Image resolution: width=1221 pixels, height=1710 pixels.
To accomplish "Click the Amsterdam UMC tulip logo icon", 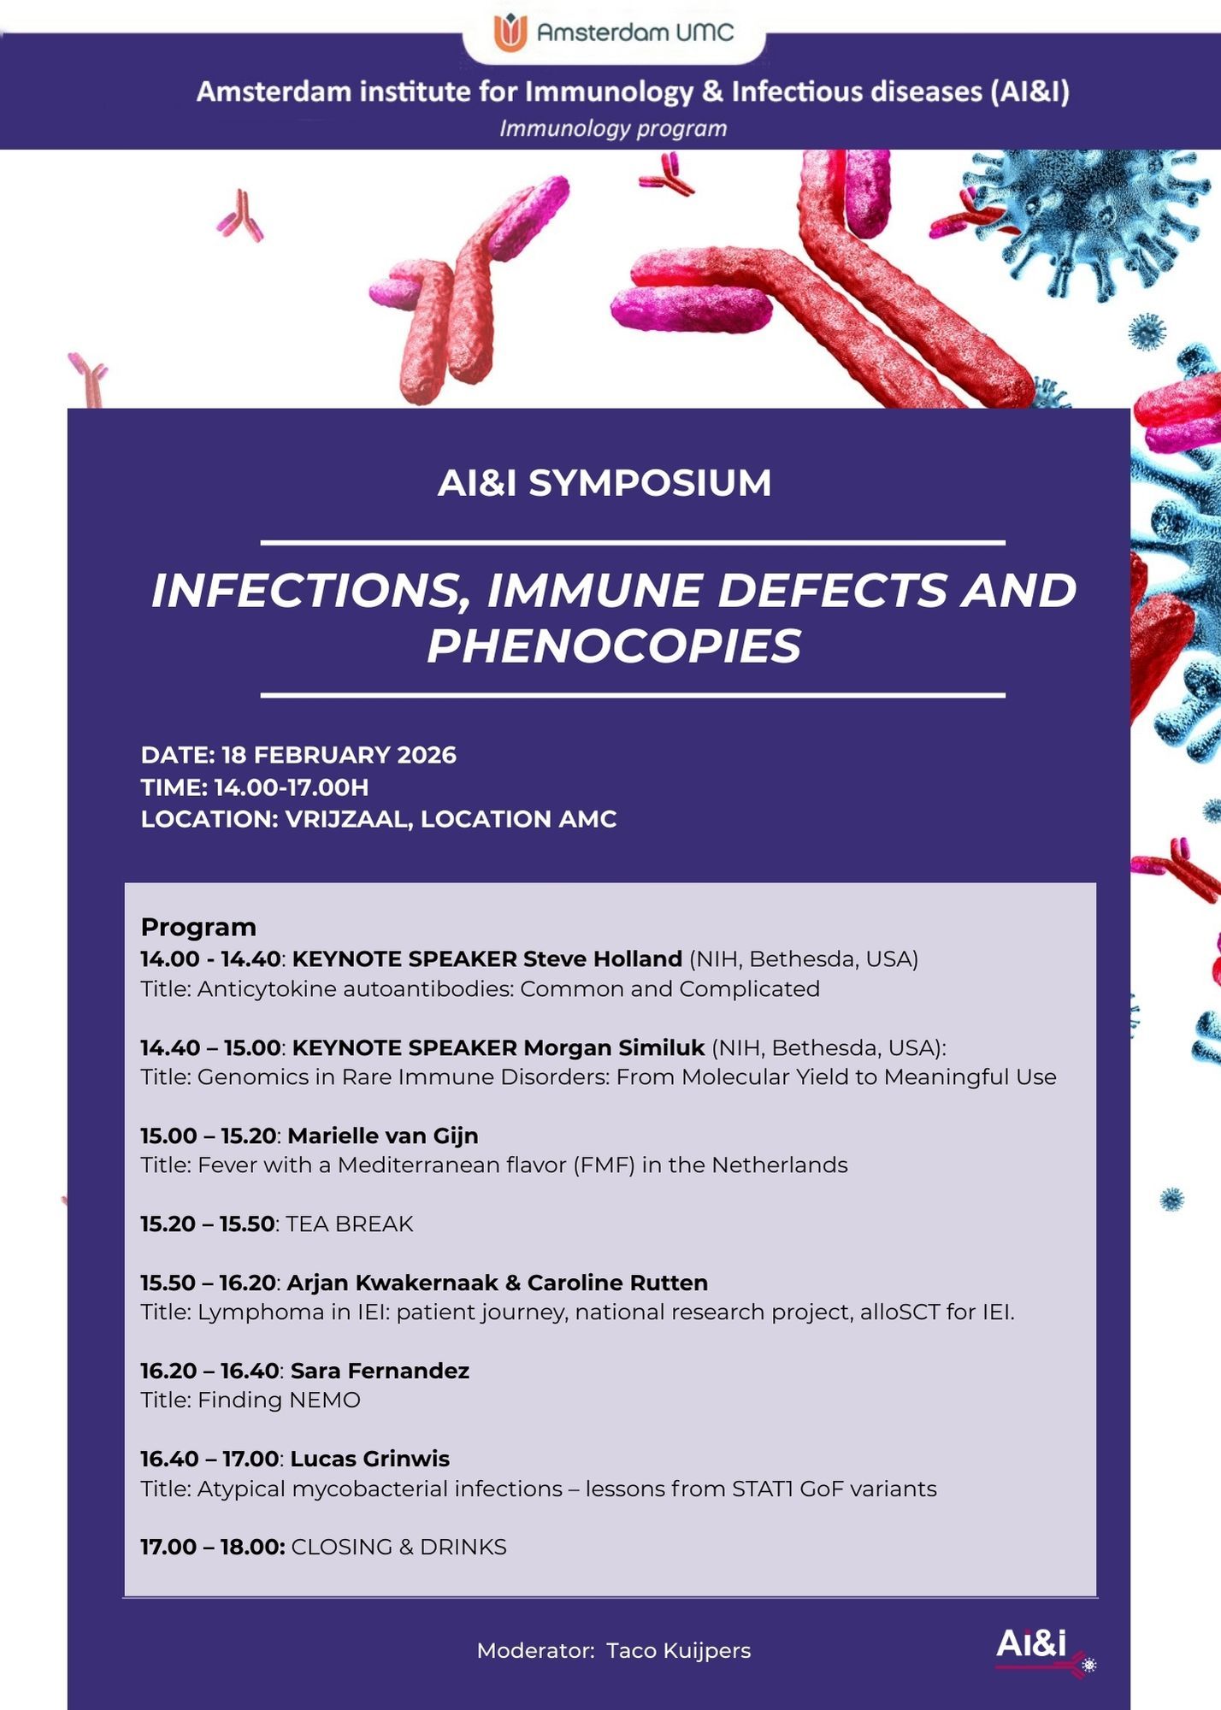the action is (510, 32).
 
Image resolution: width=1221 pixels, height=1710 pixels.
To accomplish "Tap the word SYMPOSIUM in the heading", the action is (650, 483).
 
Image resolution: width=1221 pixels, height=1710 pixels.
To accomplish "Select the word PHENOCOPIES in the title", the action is (614, 646).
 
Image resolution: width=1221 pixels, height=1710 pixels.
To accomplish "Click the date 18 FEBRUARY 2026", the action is (339, 755).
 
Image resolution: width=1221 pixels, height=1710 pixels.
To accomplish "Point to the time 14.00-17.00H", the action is (292, 787).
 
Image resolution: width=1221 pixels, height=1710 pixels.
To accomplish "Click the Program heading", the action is (198, 927).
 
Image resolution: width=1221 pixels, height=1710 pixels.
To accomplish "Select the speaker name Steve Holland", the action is (603, 958).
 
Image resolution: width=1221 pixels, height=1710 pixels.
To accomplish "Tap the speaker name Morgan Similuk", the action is (614, 1047).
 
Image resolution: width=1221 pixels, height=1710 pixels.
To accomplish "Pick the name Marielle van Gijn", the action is (383, 1135).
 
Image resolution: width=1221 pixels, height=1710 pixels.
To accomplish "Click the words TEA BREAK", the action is (349, 1224).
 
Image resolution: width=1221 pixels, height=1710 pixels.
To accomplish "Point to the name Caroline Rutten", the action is (617, 1282).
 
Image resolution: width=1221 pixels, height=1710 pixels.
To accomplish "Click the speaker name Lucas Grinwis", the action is (370, 1459).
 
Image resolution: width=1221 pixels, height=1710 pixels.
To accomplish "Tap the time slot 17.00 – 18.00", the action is (213, 1547).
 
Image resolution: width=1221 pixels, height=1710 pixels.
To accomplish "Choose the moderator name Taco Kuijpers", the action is (679, 1650).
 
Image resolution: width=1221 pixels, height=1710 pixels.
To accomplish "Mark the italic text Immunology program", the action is (613, 129).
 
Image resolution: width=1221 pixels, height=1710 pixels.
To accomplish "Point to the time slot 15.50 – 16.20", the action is (208, 1282).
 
